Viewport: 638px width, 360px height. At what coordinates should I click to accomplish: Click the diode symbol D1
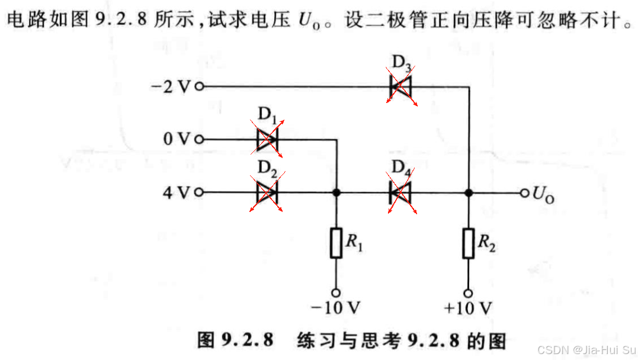click(267, 140)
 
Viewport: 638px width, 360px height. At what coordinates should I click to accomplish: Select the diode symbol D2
click(267, 192)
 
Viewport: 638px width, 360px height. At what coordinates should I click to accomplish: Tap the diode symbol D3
click(400, 86)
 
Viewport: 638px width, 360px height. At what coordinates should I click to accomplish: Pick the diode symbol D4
click(400, 192)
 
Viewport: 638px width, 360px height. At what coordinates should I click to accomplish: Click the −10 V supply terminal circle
click(336, 292)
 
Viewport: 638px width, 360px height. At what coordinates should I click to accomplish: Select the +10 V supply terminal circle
click(469, 292)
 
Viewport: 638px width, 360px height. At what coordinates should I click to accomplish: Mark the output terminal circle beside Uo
click(524, 192)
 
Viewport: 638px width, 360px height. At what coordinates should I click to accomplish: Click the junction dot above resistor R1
click(336, 192)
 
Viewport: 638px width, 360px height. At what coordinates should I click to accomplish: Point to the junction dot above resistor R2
click(469, 192)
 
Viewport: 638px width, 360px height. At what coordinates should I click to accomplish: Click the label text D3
click(402, 62)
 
